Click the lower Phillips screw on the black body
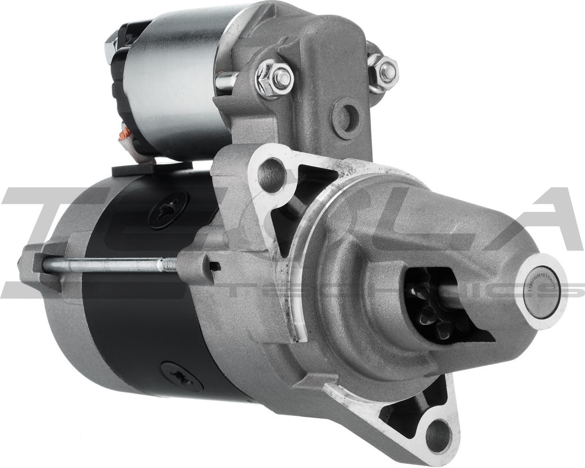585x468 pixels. pyautogui.click(x=175, y=374)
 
